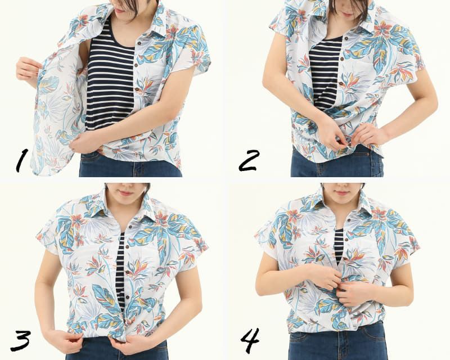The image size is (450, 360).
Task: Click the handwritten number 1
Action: tap(22, 160)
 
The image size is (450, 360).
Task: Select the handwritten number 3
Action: tap(20, 340)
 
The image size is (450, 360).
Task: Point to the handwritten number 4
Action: tap(250, 340)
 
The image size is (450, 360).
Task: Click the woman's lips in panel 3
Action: tap(126, 193)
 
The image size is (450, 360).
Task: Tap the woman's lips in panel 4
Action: tap(341, 193)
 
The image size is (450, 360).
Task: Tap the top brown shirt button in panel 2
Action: tap(346, 38)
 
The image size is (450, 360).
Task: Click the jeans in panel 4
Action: tap(337, 341)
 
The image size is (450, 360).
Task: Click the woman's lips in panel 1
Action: tap(120, 10)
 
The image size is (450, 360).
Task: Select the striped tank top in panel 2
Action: tap(325, 75)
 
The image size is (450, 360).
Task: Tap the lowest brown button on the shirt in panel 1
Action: tap(138, 91)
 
